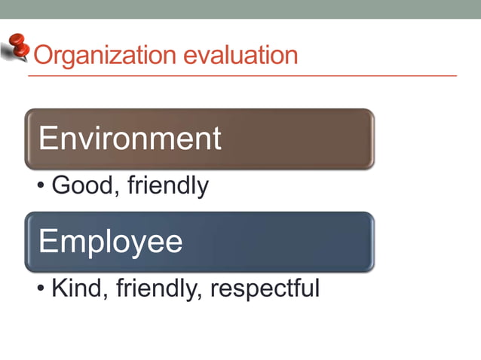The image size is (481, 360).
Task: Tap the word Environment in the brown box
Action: (130, 139)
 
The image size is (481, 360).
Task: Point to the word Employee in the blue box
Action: (110, 242)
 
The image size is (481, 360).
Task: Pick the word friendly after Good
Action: (167, 185)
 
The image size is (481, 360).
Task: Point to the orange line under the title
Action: (241, 76)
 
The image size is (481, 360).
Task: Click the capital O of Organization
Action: (44, 55)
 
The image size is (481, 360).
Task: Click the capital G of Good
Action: (60, 185)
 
